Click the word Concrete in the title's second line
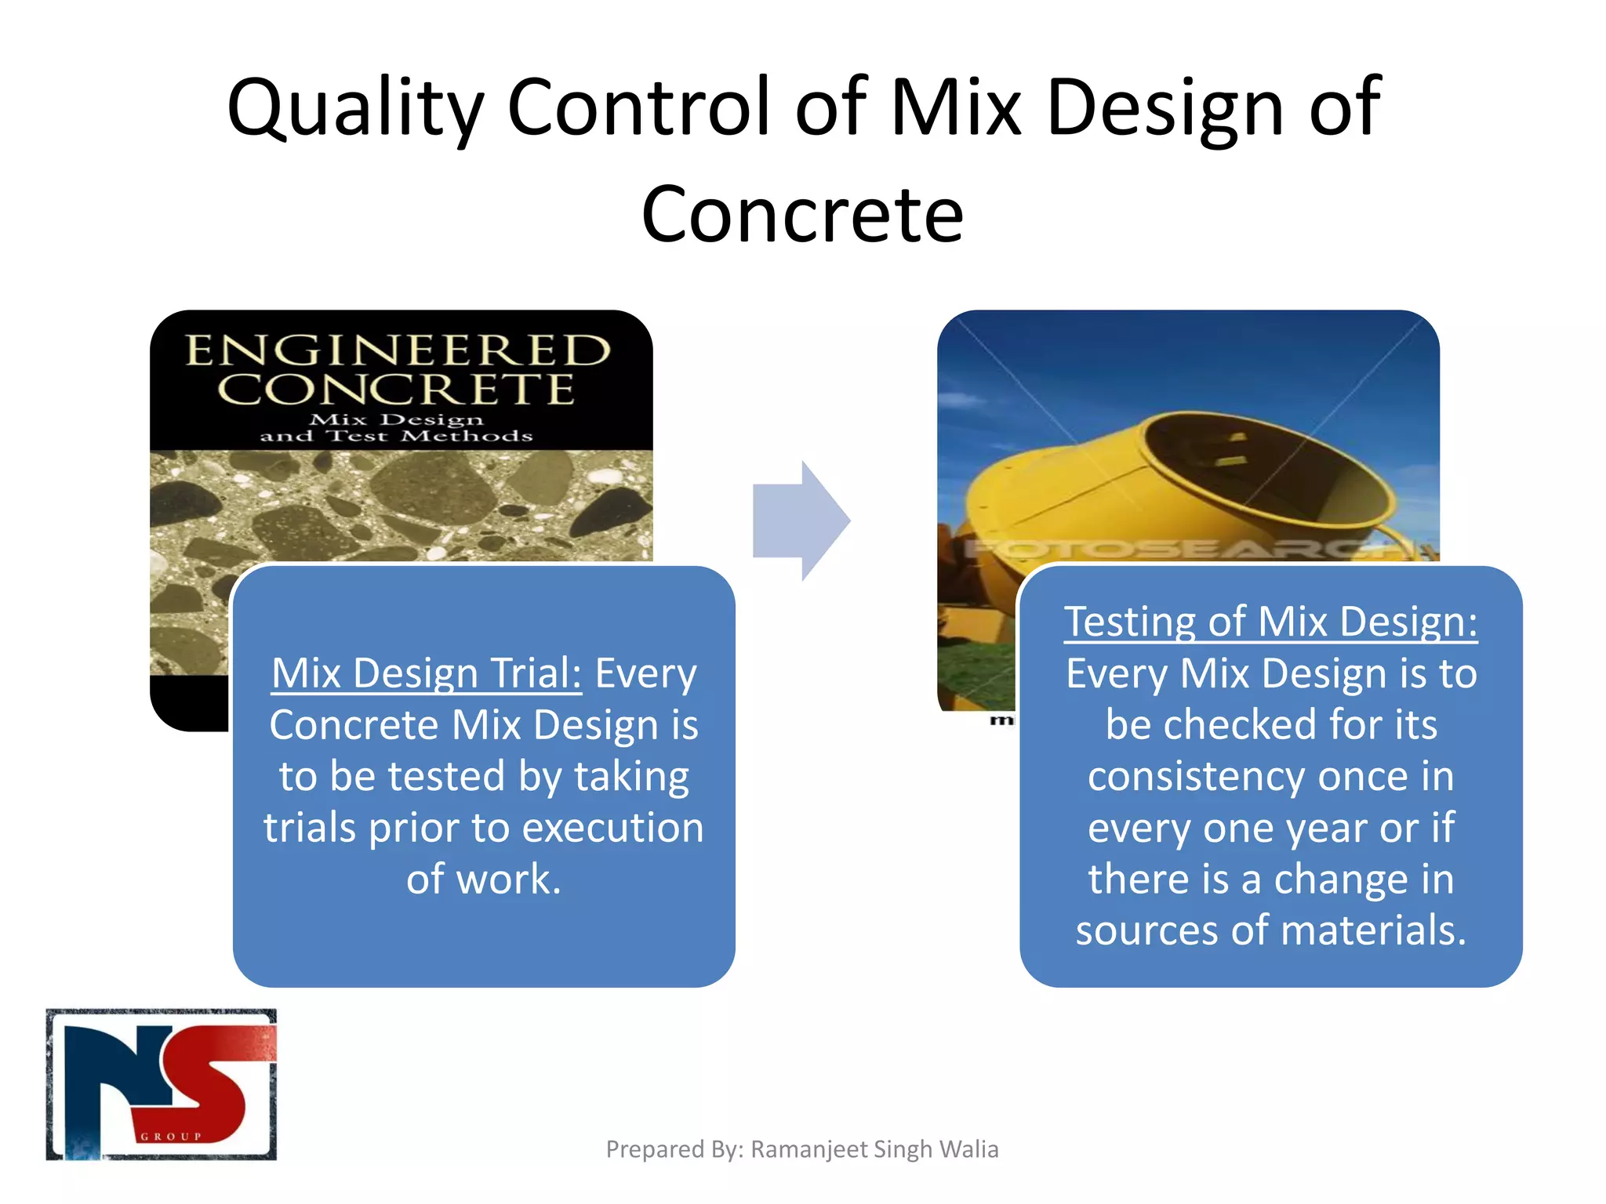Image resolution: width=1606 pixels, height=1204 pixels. (802, 214)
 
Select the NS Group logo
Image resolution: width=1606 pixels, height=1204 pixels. (162, 1084)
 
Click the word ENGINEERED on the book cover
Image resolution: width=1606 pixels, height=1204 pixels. (398, 350)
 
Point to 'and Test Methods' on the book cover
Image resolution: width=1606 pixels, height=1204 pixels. (396, 436)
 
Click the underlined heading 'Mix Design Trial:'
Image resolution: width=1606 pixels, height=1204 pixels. (427, 673)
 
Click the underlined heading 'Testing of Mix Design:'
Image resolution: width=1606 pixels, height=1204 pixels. (1270, 622)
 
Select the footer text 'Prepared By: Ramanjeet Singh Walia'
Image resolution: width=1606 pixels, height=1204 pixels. (802, 1149)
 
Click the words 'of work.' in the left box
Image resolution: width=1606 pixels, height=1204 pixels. (484, 879)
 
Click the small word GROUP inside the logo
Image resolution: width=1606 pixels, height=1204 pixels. (171, 1137)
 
